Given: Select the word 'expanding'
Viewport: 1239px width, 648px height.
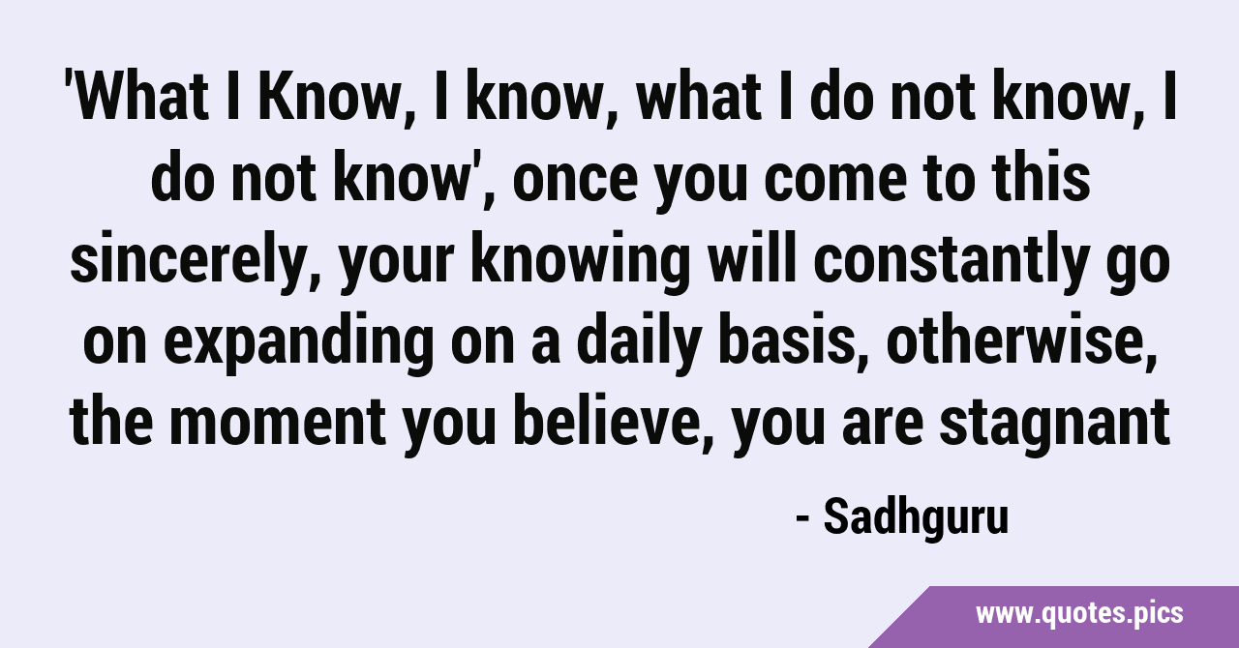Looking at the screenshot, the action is click(x=299, y=341).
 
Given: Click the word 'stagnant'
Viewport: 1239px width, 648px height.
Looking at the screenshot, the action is click(x=1054, y=422).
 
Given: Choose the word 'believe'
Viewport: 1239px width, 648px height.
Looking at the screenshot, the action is click(x=610, y=422).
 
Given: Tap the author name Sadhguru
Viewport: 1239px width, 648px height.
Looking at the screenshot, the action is click(x=916, y=517).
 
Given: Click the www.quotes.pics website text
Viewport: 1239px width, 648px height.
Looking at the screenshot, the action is click(x=1079, y=614).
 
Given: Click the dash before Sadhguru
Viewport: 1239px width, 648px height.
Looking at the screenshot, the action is click(x=803, y=520).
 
